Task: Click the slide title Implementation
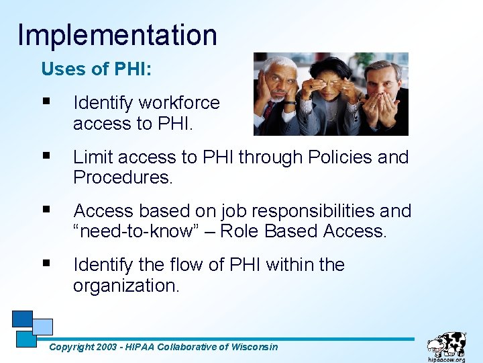pos(117,34)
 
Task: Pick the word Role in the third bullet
pos(240,232)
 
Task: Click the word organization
pos(126,286)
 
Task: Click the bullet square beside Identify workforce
pos(46,102)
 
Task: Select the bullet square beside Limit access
pos(46,157)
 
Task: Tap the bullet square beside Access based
pos(46,210)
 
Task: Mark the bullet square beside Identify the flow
pos(46,264)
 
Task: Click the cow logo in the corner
pos(447,347)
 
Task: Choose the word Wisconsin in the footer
pos(254,347)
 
